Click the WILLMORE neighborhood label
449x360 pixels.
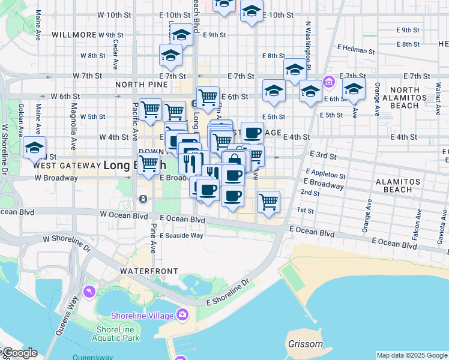[x=74, y=35]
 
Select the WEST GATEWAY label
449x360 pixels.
[x=67, y=165]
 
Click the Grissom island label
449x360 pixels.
[x=305, y=344]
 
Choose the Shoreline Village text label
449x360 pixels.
[x=142, y=316]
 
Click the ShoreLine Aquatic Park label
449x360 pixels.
[x=118, y=334]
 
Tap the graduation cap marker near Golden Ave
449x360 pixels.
[x=34, y=148]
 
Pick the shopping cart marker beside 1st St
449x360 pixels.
[x=268, y=202]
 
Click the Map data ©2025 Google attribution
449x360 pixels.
[x=412, y=355]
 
